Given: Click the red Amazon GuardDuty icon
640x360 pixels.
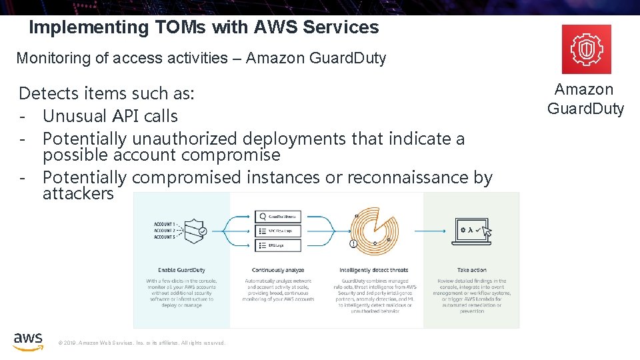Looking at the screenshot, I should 586,49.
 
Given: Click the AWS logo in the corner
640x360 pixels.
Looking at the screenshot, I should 28,341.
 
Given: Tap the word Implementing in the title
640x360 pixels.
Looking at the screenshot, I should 71,27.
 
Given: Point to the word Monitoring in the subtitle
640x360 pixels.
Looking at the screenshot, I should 53,58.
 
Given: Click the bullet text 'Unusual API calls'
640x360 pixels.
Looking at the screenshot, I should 110,116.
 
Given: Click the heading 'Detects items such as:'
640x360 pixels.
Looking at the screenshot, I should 107,93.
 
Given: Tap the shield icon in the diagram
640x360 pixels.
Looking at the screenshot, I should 194,230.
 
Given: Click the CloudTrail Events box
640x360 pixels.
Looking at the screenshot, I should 278,216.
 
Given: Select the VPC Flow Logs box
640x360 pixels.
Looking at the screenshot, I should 278,231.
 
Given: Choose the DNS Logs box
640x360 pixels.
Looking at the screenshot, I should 278,245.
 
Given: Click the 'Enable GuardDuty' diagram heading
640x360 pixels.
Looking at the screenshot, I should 180,270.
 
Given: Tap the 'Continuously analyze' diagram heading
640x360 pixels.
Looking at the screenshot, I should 279,270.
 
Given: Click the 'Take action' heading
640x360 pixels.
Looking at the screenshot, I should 471,270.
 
